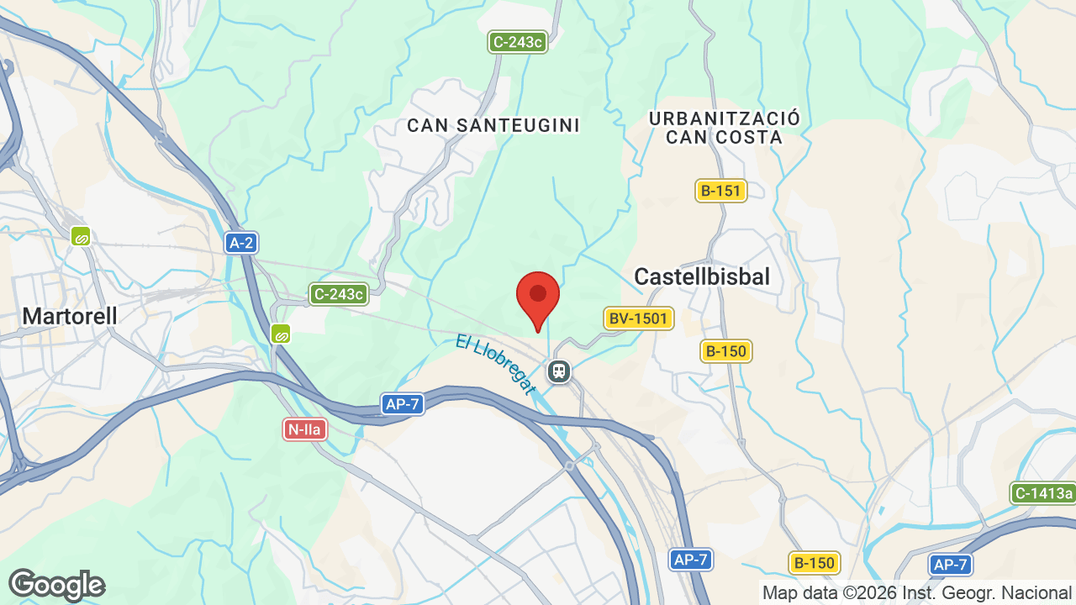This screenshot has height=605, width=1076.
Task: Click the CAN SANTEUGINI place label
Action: point(493,125)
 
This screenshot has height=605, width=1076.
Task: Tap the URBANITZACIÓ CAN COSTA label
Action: point(725,128)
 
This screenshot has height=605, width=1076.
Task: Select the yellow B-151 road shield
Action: point(721,191)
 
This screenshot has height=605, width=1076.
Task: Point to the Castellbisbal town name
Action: point(702,276)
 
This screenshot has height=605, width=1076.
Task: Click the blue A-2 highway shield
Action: point(241,243)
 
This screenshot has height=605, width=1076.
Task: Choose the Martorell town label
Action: point(70,316)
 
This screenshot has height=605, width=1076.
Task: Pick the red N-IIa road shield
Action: point(304,429)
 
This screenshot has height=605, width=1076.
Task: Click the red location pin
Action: point(538,299)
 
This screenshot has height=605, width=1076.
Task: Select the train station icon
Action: point(558,371)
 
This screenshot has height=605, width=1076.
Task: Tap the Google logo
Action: point(56,585)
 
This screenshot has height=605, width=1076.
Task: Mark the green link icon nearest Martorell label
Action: point(81,236)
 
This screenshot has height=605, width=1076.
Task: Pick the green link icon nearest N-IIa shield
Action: point(281,334)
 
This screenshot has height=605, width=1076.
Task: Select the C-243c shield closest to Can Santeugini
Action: point(519,41)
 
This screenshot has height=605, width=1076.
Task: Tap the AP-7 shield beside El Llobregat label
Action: point(402,404)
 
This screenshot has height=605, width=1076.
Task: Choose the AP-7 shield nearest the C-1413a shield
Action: point(951,565)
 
